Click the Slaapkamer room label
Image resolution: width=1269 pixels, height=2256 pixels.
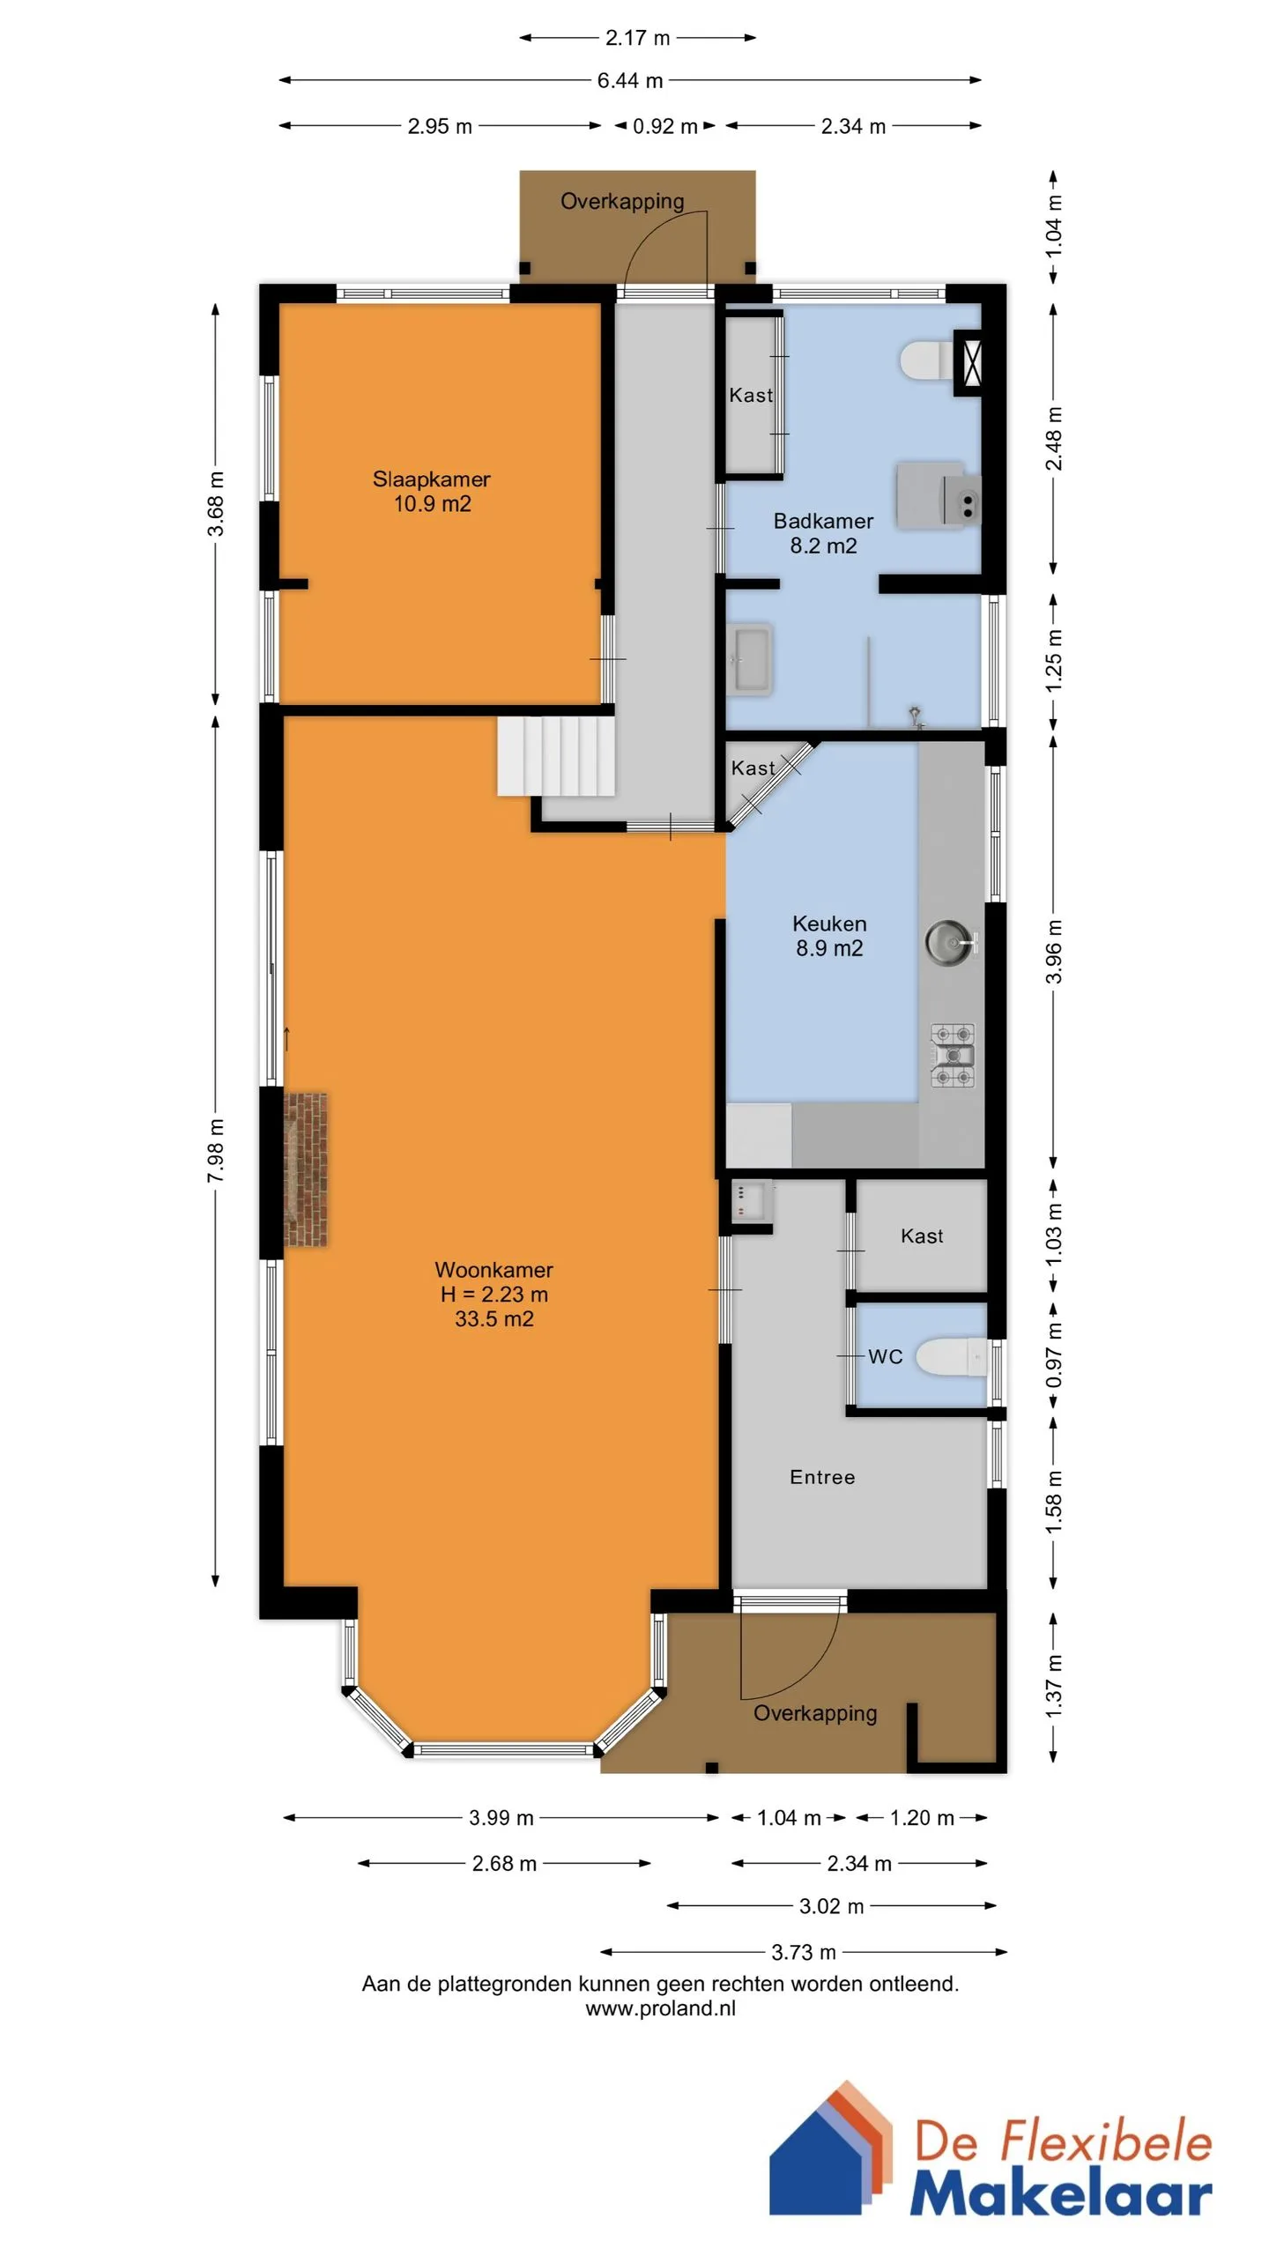(x=432, y=479)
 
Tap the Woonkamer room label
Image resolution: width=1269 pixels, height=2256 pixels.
(x=493, y=1270)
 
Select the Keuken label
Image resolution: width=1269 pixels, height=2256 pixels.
(x=829, y=924)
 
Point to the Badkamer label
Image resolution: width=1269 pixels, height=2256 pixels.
(x=823, y=521)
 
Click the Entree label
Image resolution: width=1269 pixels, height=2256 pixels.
(x=822, y=1477)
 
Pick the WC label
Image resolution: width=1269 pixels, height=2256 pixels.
(x=886, y=1356)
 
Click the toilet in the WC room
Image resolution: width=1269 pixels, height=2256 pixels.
(x=952, y=1357)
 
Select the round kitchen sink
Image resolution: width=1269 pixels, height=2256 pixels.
(x=950, y=942)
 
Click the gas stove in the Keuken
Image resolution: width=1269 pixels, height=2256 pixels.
(x=954, y=1055)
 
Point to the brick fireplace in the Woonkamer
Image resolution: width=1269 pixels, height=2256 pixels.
(x=306, y=1169)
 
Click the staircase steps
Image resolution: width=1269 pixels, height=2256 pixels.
(x=555, y=756)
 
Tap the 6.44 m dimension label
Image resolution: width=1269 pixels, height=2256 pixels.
(x=630, y=80)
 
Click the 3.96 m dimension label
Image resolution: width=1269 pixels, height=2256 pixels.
(x=1054, y=952)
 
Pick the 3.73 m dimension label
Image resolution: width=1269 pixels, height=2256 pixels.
(x=804, y=1952)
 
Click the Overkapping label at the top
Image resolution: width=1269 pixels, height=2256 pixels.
(x=622, y=202)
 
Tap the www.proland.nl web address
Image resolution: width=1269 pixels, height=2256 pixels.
(x=660, y=2008)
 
